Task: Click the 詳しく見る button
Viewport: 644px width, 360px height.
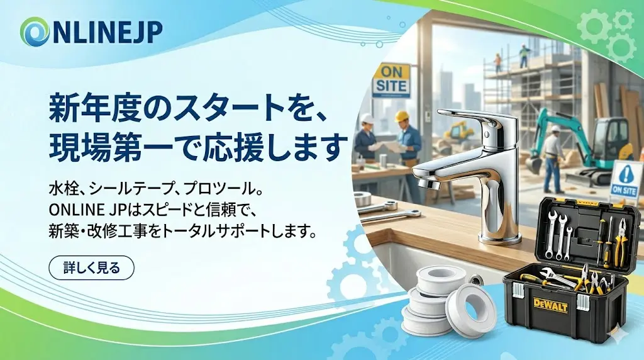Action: (x=91, y=268)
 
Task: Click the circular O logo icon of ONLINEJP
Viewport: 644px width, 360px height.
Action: (x=34, y=31)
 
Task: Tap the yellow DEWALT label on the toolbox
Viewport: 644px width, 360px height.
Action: (x=550, y=306)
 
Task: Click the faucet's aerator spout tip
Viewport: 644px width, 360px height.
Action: (x=427, y=183)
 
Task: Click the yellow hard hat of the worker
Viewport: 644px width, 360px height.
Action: (x=401, y=116)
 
